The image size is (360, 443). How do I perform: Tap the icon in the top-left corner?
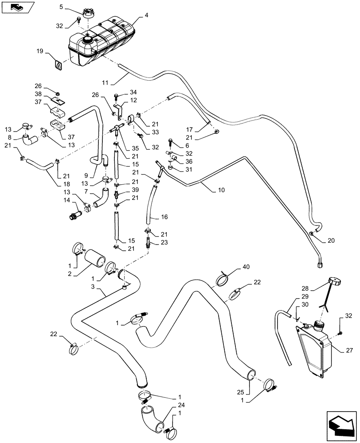pyautogui.click(x=18, y=7)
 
